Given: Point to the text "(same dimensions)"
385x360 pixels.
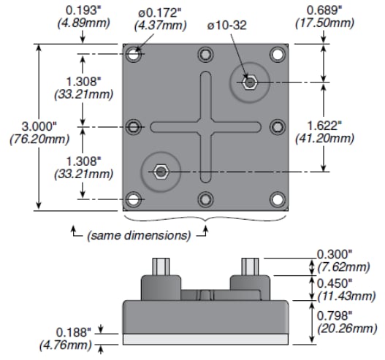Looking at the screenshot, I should click(139, 235).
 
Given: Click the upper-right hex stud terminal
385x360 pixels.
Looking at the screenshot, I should click(250, 82).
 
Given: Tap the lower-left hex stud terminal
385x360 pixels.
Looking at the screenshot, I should click(161, 172).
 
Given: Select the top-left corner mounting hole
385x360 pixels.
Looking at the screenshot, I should click(134, 55).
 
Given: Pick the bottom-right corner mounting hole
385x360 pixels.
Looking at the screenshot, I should click(277, 199).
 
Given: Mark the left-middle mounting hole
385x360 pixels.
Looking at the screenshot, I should click(134, 127).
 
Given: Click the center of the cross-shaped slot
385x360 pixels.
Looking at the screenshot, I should click(206, 127).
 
